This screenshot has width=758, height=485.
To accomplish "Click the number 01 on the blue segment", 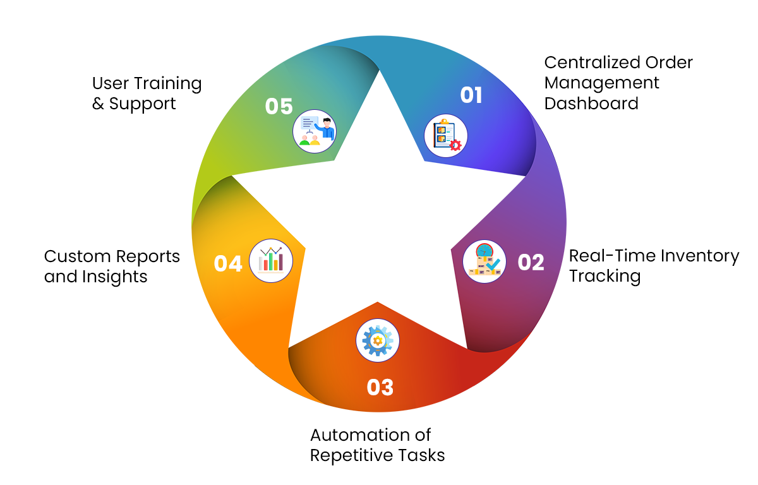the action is tap(471, 95).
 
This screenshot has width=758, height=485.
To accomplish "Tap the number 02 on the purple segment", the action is tap(531, 262).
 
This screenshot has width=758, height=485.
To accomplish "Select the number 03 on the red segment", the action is tap(380, 387).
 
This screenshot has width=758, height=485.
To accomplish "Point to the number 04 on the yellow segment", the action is tap(228, 263).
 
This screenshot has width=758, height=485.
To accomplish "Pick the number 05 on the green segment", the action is tap(279, 106).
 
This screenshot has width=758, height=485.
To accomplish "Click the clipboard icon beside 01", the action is tap(446, 136).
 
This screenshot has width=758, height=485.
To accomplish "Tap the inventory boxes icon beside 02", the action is tap(484, 261).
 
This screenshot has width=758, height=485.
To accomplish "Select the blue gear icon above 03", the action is tap(378, 340).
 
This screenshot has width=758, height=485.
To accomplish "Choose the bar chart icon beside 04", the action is tap(271, 261).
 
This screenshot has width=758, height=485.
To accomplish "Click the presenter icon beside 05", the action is tap(315, 131).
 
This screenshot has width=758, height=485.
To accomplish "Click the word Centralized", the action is tap(592, 63).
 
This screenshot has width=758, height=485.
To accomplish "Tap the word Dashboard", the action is tap(591, 104).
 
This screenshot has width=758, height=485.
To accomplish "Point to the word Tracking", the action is tap(605, 277).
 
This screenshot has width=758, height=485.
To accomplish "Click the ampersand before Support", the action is tap(98, 104).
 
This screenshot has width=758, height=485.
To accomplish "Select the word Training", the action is tap(168, 84).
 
